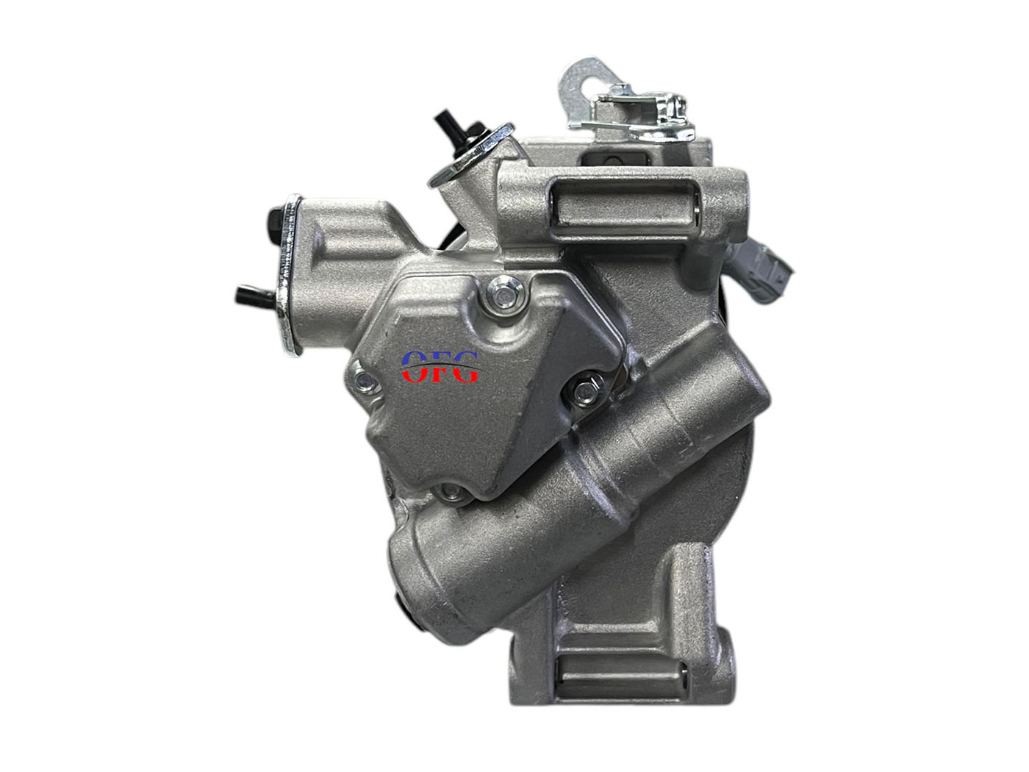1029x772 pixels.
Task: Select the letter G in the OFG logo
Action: (464, 367)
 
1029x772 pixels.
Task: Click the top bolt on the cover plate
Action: (505, 293)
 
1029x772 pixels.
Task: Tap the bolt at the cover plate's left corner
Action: (363, 381)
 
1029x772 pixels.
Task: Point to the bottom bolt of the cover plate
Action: (451, 492)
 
